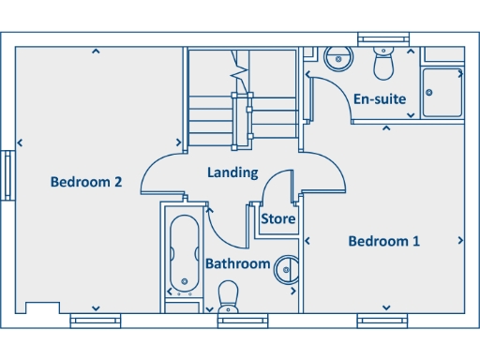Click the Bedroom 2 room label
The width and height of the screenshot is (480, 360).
86,182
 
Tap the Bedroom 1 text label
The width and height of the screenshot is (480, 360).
383,241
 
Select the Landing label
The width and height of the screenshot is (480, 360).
232,172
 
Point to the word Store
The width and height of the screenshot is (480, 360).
278,219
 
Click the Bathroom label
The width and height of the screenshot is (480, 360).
238,263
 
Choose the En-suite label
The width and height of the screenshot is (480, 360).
379,97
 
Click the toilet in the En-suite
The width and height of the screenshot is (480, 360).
383,62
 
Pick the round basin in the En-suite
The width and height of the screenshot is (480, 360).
337,58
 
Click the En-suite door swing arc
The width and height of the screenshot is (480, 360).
328,98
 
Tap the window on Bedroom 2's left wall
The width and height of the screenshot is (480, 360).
7,175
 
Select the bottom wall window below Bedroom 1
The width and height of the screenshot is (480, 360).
383,321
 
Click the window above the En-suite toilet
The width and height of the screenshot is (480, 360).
383,37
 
